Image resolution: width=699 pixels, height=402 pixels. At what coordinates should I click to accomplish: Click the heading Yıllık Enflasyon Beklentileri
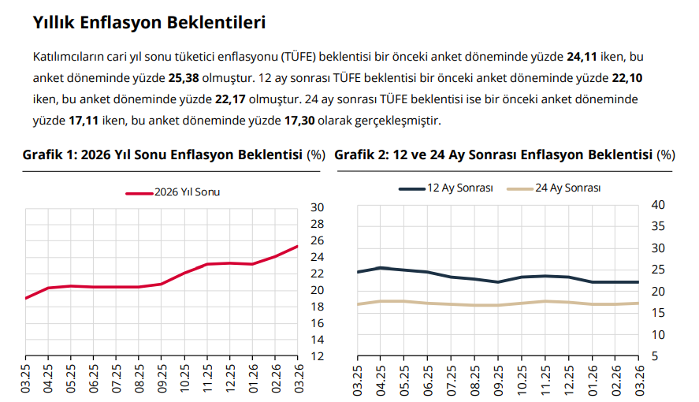[x=149, y=23]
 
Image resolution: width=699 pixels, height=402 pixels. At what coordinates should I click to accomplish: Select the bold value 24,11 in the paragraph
[x=582, y=58]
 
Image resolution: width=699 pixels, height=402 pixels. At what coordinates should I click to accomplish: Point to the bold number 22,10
[x=627, y=79]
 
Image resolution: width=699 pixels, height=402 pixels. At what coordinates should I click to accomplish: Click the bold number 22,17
[x=229, y=100]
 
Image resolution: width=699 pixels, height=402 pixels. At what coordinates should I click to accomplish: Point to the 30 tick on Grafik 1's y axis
[x=317, y=207]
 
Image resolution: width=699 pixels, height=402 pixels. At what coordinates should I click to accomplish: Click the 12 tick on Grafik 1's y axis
[x=317, y=356]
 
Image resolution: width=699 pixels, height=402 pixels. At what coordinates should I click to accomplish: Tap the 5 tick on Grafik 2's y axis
[x=656, y=356]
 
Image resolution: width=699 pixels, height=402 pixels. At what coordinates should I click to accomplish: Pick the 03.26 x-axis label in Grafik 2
[x=638, y=381]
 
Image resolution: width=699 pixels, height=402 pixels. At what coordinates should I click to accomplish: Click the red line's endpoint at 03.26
[x=297, y=247]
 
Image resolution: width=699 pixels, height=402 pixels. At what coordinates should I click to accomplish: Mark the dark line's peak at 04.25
[x=381, y=267]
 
